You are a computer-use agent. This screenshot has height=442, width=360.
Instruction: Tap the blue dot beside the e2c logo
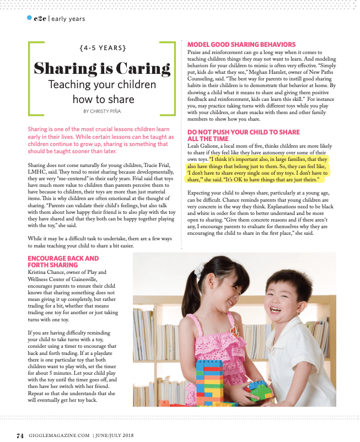(29, 18)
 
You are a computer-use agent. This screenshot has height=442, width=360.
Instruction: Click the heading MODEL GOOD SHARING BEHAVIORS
(241, 45)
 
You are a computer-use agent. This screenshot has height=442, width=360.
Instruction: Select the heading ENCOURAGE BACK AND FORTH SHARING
(63, 261)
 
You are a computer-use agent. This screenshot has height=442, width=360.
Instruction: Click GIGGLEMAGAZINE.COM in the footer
(60, 435)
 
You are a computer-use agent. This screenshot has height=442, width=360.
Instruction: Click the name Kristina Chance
(51, 272)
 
